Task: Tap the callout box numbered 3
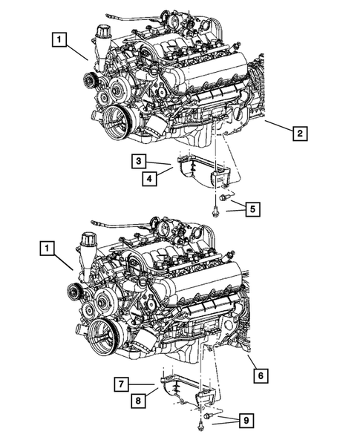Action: pos(140,161)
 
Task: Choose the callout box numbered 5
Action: pos(252,210)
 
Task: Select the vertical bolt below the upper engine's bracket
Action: pos(214,206)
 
